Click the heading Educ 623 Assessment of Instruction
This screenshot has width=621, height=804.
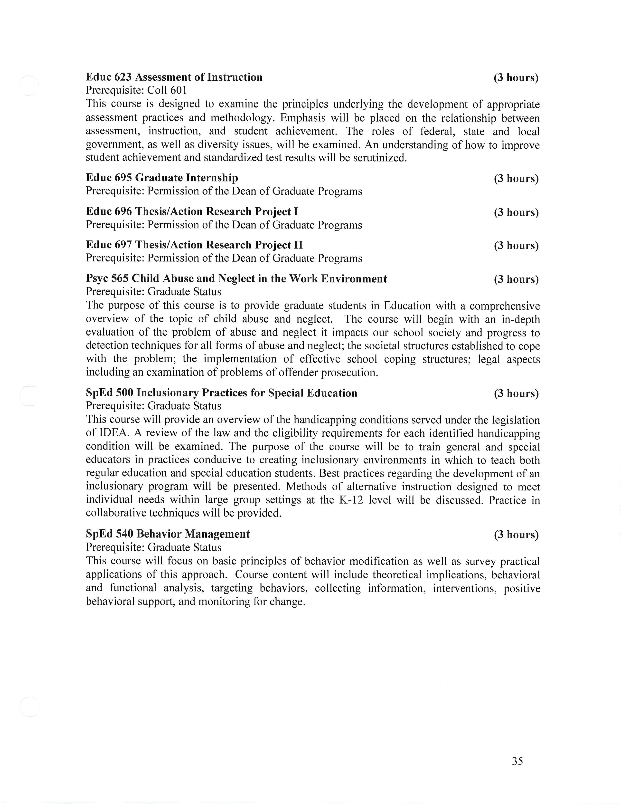pos(174,77)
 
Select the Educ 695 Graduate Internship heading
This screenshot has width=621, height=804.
pos(162,178)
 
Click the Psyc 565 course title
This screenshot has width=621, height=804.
pos(236,279)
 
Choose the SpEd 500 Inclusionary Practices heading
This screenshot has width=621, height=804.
pos(221,393)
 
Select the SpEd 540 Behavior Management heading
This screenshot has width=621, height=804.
pos(168,534)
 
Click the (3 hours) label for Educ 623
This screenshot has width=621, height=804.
pos(516,78)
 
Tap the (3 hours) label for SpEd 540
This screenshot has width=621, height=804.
pos(516,535)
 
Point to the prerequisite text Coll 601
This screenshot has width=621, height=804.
pos(167,90)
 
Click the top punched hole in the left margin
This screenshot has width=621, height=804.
pos(29,86)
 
